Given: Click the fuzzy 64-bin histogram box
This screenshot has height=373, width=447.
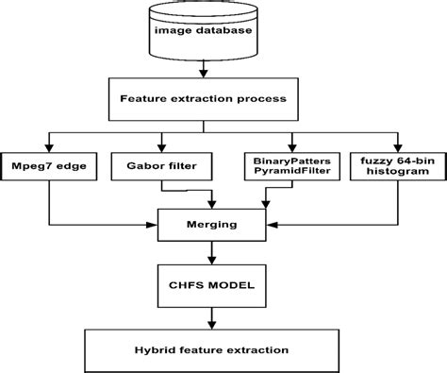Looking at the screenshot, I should pos(394,166).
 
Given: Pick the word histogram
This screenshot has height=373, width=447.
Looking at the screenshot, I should pos(394,174).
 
